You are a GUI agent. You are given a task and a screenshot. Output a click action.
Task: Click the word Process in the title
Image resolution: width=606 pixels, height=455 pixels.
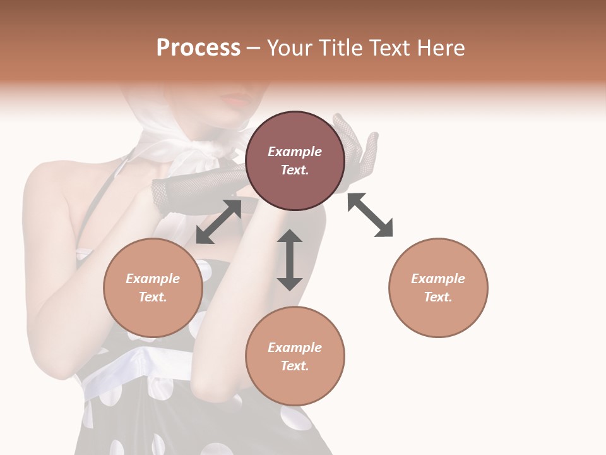198,48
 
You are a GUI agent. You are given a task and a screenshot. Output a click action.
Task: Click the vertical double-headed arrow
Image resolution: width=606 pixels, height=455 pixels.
290,260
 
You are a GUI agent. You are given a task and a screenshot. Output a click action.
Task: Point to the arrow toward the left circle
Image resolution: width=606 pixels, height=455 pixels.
218,222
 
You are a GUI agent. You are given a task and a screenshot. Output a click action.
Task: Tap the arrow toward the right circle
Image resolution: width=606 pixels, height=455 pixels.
371,215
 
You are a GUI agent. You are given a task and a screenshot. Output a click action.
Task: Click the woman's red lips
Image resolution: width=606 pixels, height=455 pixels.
237,100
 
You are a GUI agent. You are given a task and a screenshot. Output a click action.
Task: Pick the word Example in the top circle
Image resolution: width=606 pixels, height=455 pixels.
295,152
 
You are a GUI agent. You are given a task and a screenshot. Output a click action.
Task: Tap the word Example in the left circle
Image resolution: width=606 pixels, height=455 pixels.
153,279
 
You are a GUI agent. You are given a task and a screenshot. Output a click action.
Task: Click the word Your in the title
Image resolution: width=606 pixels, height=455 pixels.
289,48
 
